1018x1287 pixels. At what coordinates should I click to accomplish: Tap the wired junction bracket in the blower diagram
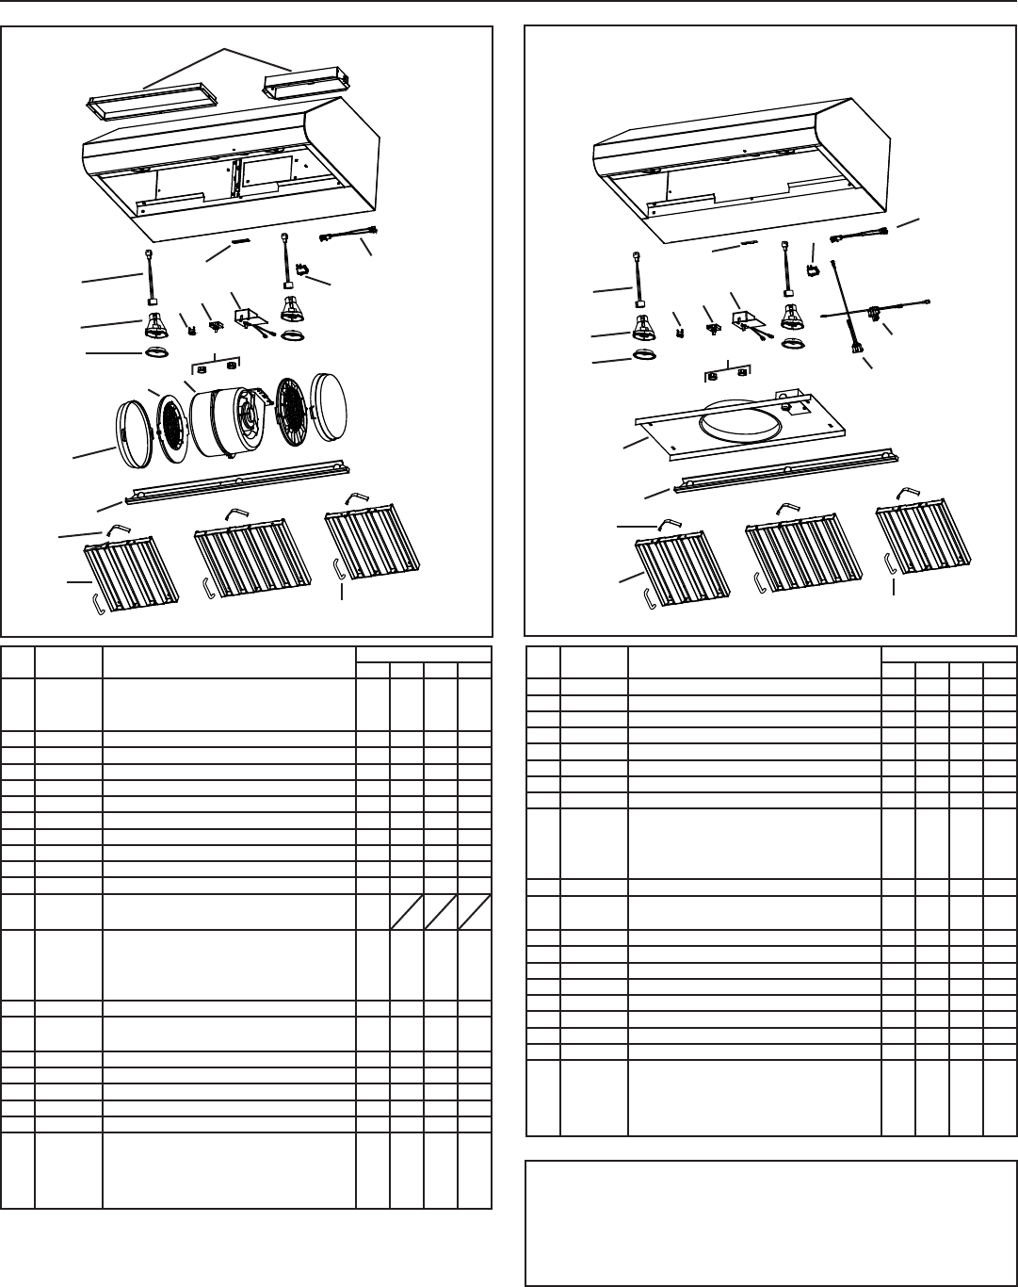click(251, 320)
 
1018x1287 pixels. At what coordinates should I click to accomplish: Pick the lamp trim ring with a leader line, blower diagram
click(157, 352)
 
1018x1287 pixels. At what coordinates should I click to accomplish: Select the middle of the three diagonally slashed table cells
click(441, 912)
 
